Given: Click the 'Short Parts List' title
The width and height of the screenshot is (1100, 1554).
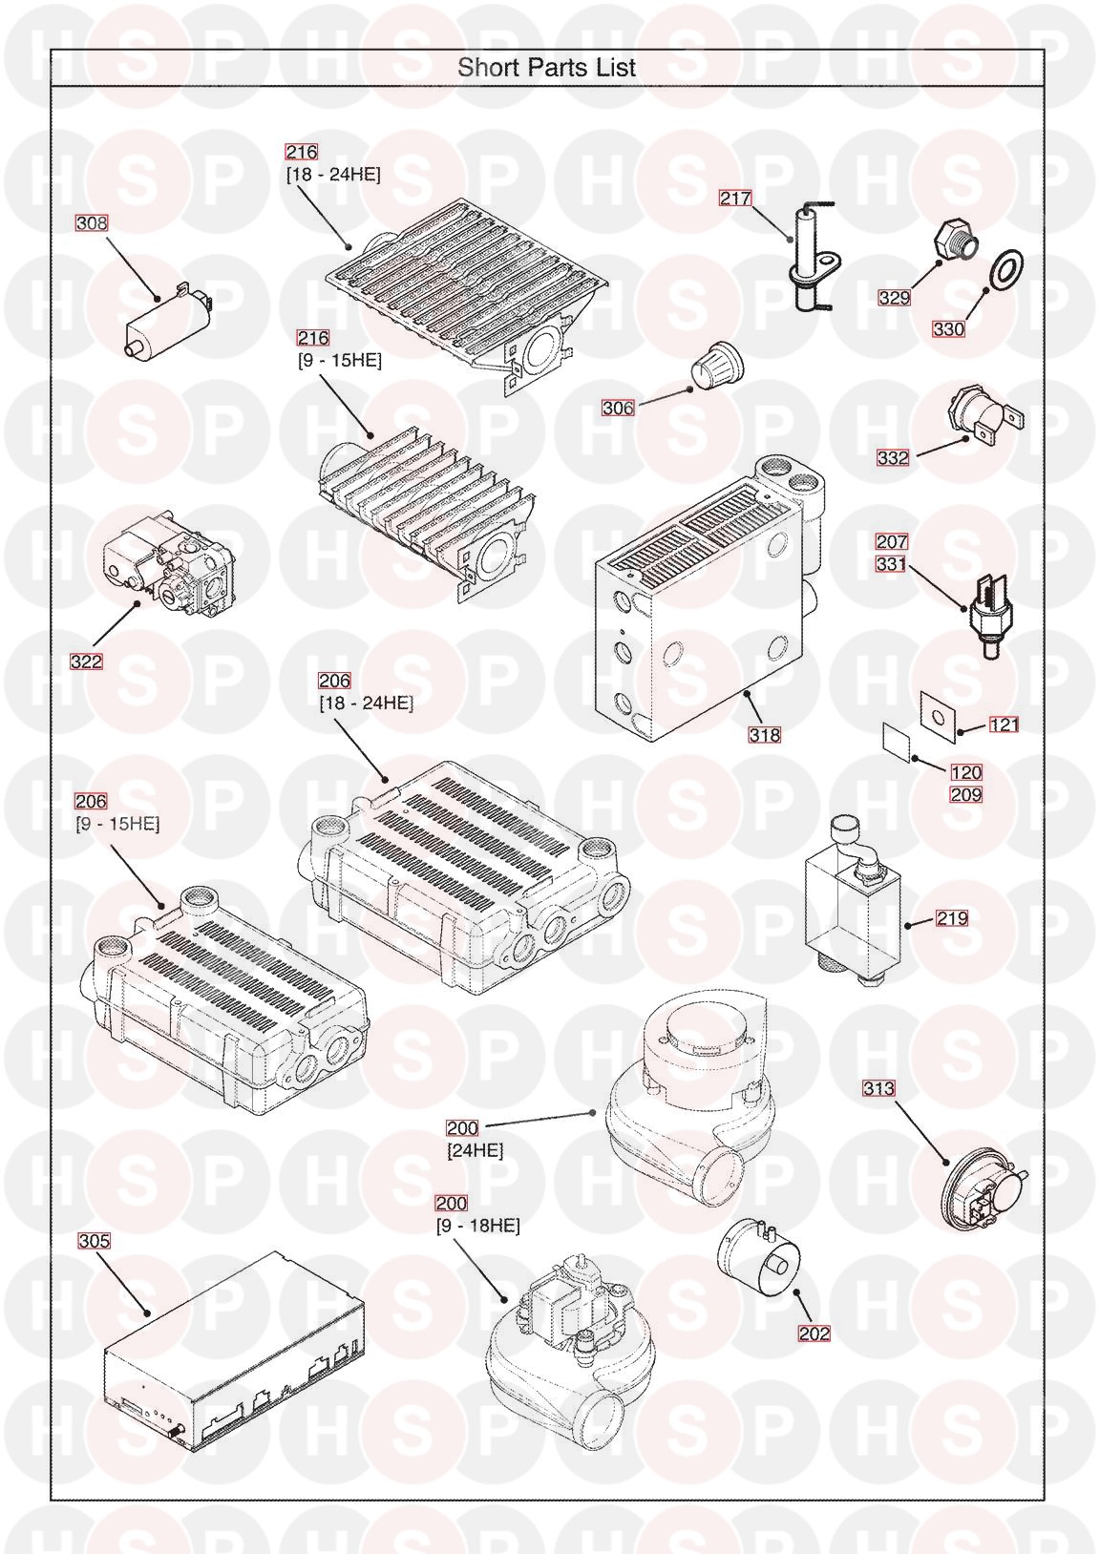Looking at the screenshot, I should point(546,68).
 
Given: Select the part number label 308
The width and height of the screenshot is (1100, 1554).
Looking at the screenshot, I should point(92,223).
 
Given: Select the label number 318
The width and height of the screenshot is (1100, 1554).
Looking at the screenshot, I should point(765,734).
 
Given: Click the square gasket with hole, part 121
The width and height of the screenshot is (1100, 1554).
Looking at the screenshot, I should point(939,712).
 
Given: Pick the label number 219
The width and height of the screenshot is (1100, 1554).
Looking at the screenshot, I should point(952,918).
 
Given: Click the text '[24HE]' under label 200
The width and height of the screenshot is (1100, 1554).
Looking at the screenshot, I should point(476,1151).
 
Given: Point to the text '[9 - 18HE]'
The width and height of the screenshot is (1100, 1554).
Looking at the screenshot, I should point(477,1226).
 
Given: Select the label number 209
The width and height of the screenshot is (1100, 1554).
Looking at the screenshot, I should point(965,794).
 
